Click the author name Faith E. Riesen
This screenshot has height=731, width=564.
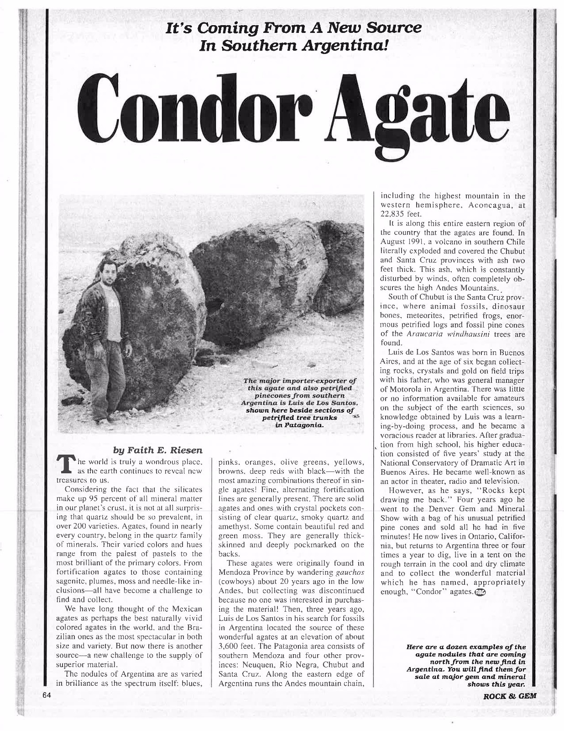coord(157,450)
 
